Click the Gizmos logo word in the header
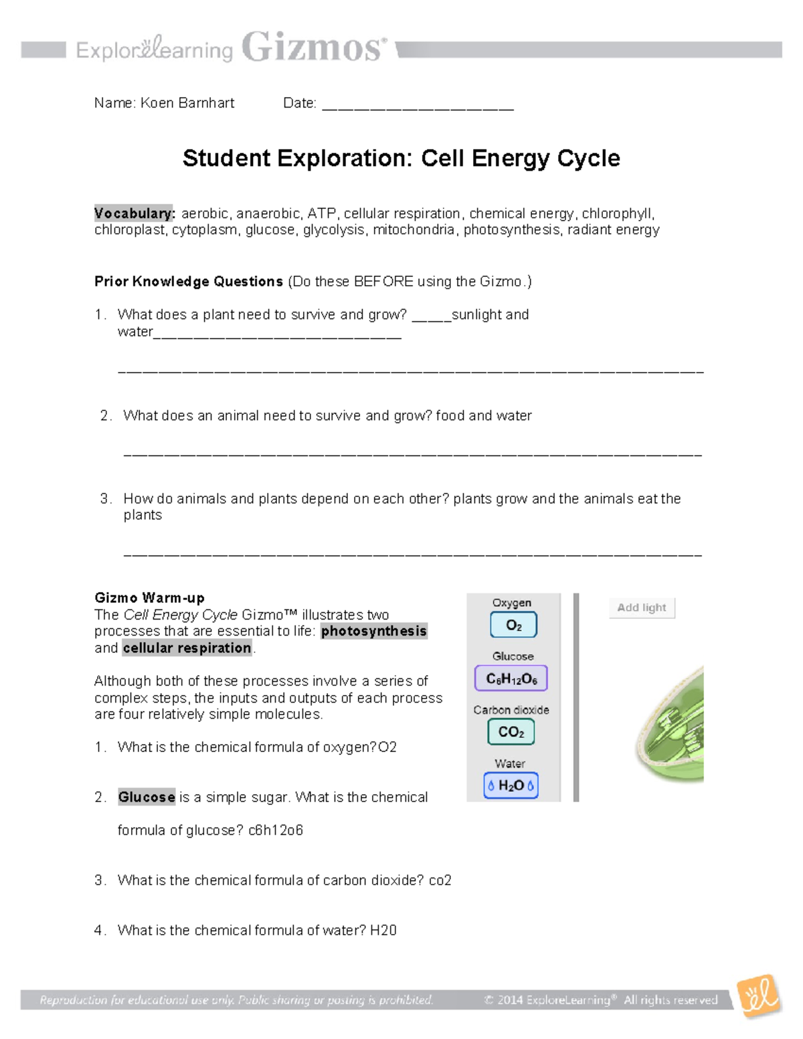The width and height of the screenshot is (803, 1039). coord(313,48)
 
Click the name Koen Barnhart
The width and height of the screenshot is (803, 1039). coord(187,103)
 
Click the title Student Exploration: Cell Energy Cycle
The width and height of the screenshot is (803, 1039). coord(401,159)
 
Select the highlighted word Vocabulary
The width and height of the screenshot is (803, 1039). coord(135,213)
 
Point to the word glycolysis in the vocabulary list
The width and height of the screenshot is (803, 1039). coord(334,230)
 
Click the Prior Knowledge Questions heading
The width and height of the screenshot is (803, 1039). coord(189,282)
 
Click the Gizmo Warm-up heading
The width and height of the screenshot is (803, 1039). coord(149,598)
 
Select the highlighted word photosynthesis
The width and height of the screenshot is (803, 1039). coord(373,632)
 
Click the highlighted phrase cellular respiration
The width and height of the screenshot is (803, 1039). coord(187,648)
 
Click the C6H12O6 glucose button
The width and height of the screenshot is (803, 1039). coord(511,678)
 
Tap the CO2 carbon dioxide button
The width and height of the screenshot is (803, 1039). coord(511,732)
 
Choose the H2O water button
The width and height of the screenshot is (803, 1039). coord(511,785)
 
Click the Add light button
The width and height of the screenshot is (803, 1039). coord(641,607)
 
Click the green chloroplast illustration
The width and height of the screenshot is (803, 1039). coord(673,726)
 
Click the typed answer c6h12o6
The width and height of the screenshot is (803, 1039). coord(276,831)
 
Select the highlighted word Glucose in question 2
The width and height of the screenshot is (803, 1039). coord(147,797)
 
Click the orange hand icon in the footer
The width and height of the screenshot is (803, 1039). coord(759,996)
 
